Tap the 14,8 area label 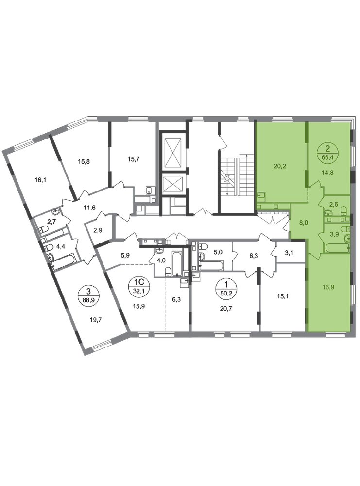328,173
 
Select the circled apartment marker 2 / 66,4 328,152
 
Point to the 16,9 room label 328,287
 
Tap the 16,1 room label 40,179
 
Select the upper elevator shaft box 174,152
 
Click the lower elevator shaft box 174,184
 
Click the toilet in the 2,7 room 44,229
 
